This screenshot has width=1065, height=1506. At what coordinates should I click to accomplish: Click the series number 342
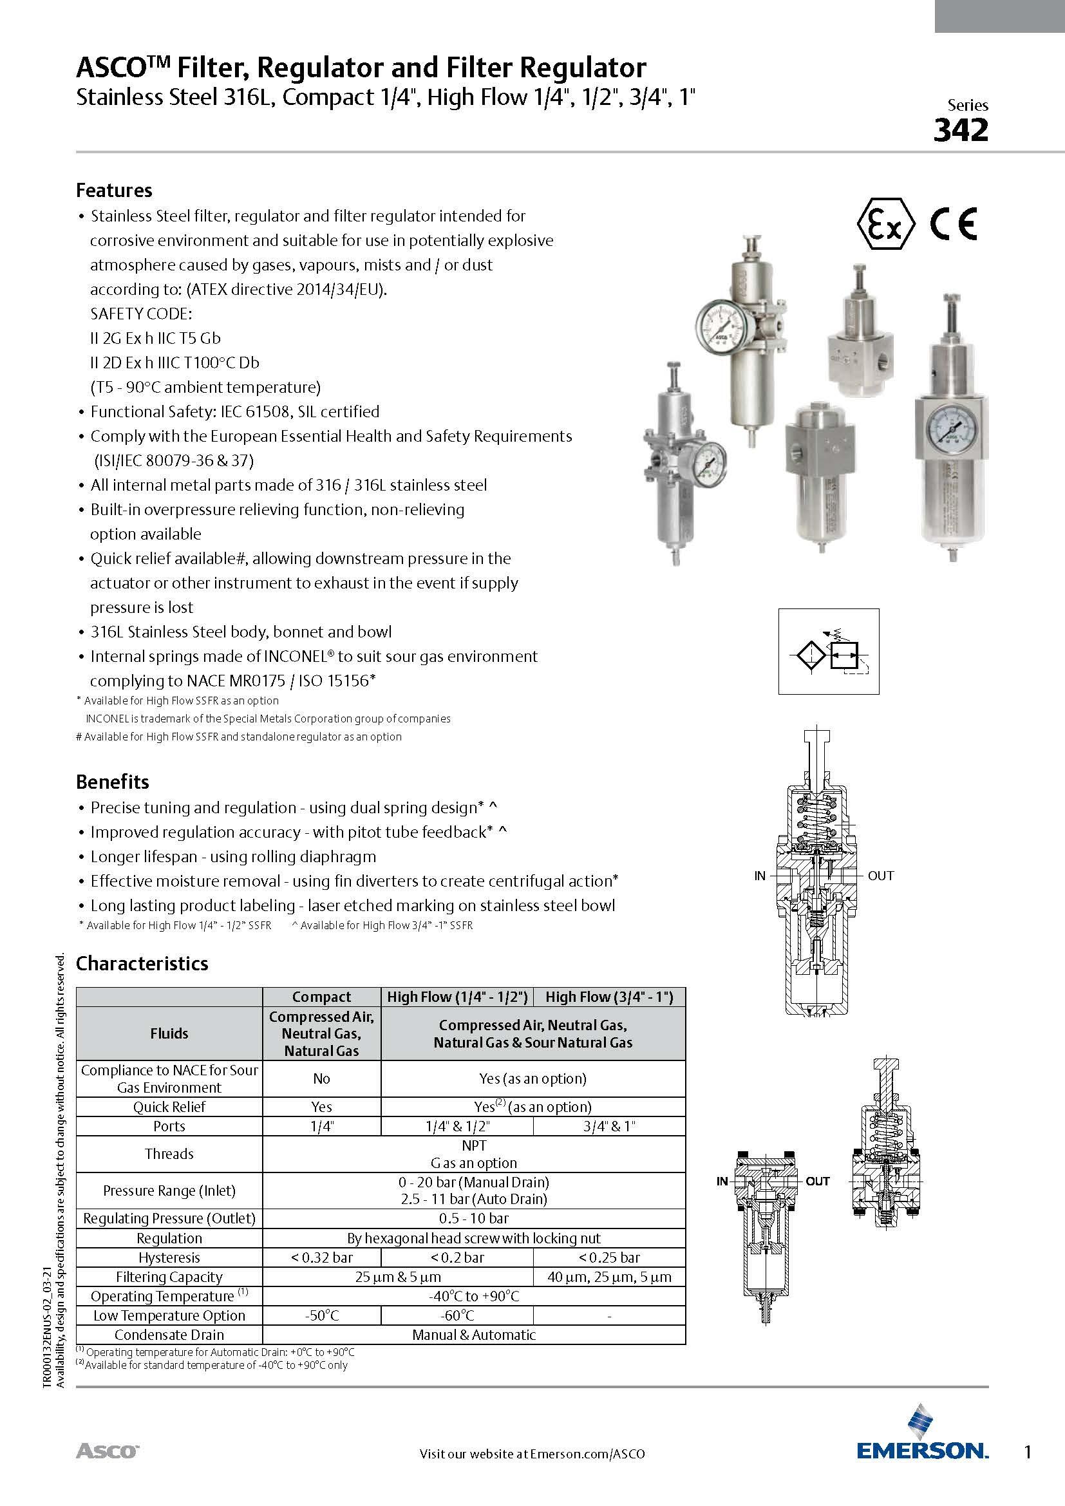pyautogui.click(x=960, y=131)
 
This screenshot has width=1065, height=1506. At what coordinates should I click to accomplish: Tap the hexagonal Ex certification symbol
pyautogui.click(x=885, y=224)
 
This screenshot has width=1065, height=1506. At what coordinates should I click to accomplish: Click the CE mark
pyautogui.click(x=954, y=224)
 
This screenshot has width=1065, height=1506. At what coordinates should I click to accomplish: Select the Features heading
pyautogui.click(x=114, y=190)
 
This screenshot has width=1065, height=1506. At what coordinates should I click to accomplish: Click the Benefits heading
pyautogui.click(x=113, y=782)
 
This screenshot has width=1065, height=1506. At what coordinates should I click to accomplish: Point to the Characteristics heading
pyautogui.click(x=142, y=964)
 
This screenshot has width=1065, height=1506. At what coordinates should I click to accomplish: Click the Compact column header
pyautogui.click(x=321, y=997)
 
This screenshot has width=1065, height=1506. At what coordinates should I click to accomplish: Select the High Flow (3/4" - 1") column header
pyautogui.click(x=609, y=997)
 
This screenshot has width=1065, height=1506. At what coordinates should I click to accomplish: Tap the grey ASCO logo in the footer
pyautogui.click(x=108, y=1450)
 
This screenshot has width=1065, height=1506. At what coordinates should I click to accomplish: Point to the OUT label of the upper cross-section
pyautogui.click(x=880, y=876)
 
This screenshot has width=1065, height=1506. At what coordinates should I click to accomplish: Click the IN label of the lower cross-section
pyautogui.click(x=722, y=1181)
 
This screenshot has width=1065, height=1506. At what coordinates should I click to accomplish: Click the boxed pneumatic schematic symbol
pyautogui.click(x=828, y=652)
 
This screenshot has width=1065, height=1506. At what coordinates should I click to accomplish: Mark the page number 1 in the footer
pyautogui.click(x=1028, y=1453)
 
